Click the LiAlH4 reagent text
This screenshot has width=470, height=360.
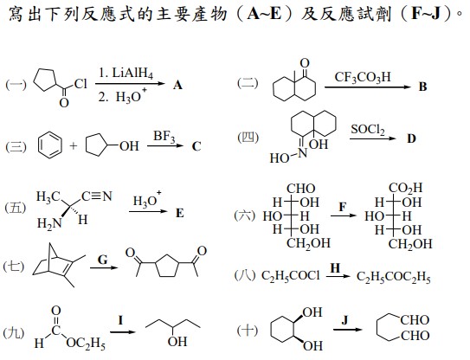[132, 74]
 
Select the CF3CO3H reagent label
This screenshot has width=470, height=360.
[363, 77]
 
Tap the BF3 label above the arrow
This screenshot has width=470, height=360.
[164, 137]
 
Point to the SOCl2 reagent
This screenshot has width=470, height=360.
[368, 130]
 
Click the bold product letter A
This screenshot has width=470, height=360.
[177, 86]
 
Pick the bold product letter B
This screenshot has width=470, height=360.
[422, 87]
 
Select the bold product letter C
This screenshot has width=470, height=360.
[196, 146]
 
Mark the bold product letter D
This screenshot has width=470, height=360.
[411, 138]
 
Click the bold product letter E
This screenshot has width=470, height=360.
[179, 213]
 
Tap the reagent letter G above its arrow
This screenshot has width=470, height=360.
[103, 260]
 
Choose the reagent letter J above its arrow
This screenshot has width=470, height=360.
[345, 320]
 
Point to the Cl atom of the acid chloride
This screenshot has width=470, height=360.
[80, 84]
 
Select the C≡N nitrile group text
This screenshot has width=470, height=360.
[97, 196]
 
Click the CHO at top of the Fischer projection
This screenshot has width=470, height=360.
[301, 189]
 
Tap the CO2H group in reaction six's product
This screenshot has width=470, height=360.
[405, 189]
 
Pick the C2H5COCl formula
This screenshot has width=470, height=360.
[291, 276]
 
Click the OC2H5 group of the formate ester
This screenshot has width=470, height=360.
[86, 344]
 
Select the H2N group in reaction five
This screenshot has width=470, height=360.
[48, 223]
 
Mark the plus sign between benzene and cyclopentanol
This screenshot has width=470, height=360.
[73, 146]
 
